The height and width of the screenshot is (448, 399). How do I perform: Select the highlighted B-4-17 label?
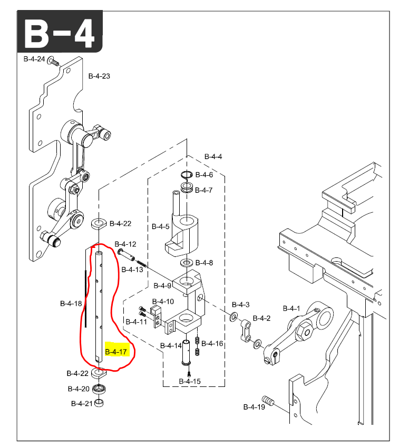116,352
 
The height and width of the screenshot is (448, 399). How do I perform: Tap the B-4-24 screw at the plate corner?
53,61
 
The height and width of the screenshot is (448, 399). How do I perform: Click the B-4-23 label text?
99,76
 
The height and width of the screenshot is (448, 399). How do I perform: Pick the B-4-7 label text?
204,190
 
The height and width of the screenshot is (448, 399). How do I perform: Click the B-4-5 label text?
161,227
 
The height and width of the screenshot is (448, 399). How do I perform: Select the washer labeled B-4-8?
186,262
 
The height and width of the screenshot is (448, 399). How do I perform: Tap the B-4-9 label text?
162,286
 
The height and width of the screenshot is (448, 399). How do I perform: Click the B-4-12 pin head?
120,252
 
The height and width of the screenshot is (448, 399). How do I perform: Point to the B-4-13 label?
132,270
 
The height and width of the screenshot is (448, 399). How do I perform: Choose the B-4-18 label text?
71,303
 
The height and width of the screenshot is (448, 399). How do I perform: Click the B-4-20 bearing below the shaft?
98,390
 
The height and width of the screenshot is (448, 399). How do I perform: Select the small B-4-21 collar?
99,403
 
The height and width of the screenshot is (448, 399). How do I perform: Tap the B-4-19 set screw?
270,403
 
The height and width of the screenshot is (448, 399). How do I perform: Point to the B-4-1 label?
291,308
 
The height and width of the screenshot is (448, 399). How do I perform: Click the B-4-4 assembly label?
213,156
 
